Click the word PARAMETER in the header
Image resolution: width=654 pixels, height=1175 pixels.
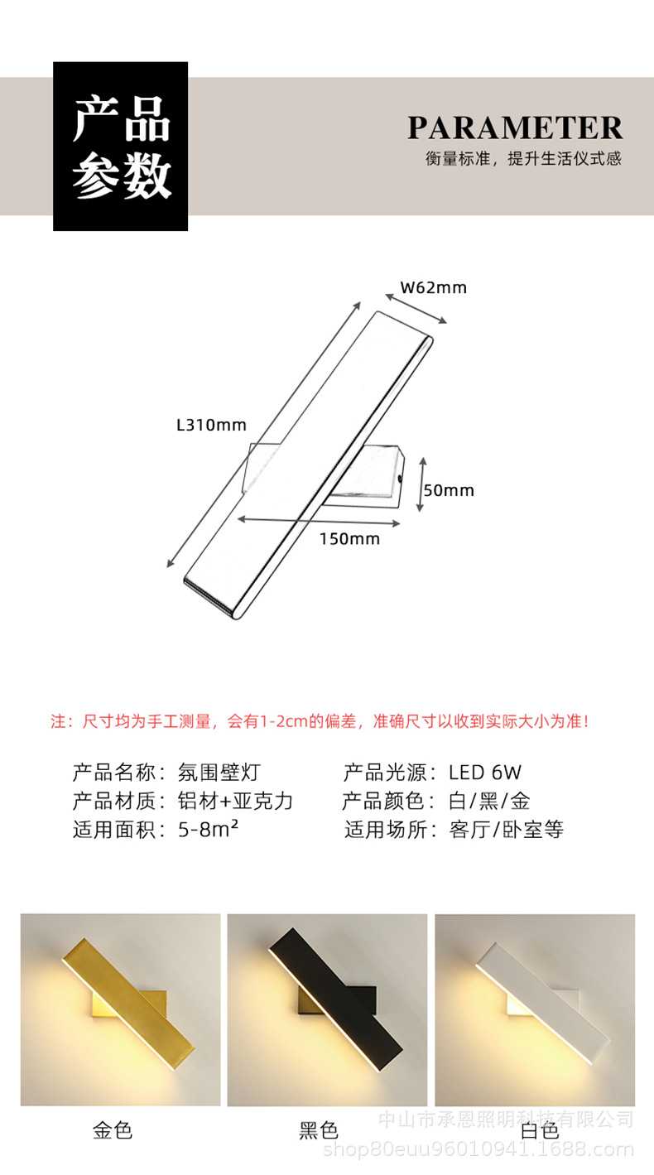514,128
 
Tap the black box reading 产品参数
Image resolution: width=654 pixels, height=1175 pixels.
121,147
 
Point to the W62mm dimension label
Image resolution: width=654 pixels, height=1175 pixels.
434,288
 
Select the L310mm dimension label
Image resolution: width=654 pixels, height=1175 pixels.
211,425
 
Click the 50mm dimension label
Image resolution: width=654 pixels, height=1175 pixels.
449,490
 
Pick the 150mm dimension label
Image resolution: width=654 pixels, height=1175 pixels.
349,539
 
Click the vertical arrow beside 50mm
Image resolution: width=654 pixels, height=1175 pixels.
421,484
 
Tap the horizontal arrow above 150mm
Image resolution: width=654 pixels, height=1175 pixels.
319,521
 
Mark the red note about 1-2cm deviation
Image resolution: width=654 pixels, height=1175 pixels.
320,721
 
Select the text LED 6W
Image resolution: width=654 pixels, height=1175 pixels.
485,773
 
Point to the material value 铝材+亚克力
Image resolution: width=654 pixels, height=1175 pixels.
236,802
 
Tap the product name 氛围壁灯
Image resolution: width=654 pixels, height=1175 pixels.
219,773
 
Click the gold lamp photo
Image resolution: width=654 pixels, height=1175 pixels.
121,1009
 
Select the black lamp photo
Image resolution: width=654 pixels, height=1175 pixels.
327,1009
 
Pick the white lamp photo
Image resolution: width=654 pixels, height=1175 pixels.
535,1009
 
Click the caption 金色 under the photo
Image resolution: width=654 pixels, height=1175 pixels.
113,1130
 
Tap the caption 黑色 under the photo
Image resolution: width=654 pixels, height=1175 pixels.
319,1130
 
